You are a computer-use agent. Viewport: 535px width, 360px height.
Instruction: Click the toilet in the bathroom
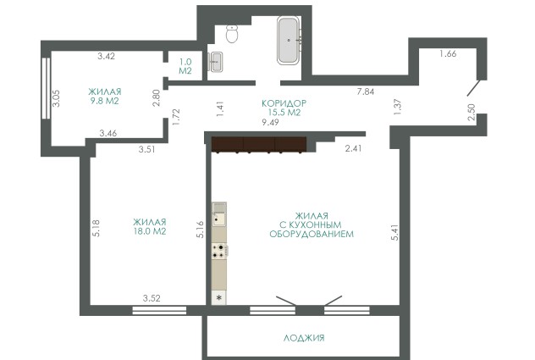(x=232, y=34)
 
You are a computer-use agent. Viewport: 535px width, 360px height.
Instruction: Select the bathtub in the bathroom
(x=289, y=41)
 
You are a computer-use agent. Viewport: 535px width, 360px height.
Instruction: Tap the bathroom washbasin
(x=216, y=62)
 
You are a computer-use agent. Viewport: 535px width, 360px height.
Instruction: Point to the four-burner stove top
(x=219, y=251)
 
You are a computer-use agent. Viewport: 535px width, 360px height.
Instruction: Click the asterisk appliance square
(x=219, y=298)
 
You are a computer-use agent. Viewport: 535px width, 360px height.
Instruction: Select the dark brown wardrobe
(x=259, y=144)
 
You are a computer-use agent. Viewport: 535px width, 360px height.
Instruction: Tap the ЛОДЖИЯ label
(x=304, y=338)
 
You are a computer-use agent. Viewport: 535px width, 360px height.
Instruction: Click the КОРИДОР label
(x=284, y=103)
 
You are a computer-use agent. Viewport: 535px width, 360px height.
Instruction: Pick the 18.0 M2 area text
(x=150, y=231)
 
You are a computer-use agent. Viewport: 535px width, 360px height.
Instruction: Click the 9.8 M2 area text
(x=104, y=101)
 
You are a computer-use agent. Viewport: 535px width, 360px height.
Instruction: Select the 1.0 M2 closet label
(x=185, y=66)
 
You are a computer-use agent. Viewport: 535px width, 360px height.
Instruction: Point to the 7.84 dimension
(x=366, y=91)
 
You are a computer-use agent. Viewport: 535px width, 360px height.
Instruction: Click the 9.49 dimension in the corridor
(x=270, y=122)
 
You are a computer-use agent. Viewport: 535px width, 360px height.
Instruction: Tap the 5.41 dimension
(x=394, y=232)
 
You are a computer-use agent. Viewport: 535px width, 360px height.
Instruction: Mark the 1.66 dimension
(x=448, y=53)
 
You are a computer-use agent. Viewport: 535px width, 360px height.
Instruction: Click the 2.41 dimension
(x=353, y=148)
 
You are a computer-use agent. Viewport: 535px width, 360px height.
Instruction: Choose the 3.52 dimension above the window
(x=152, y=298)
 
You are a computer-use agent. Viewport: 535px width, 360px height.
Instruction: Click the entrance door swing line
(x=473, y=88)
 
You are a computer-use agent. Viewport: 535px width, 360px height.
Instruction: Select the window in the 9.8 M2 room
(x=46, y=88)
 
